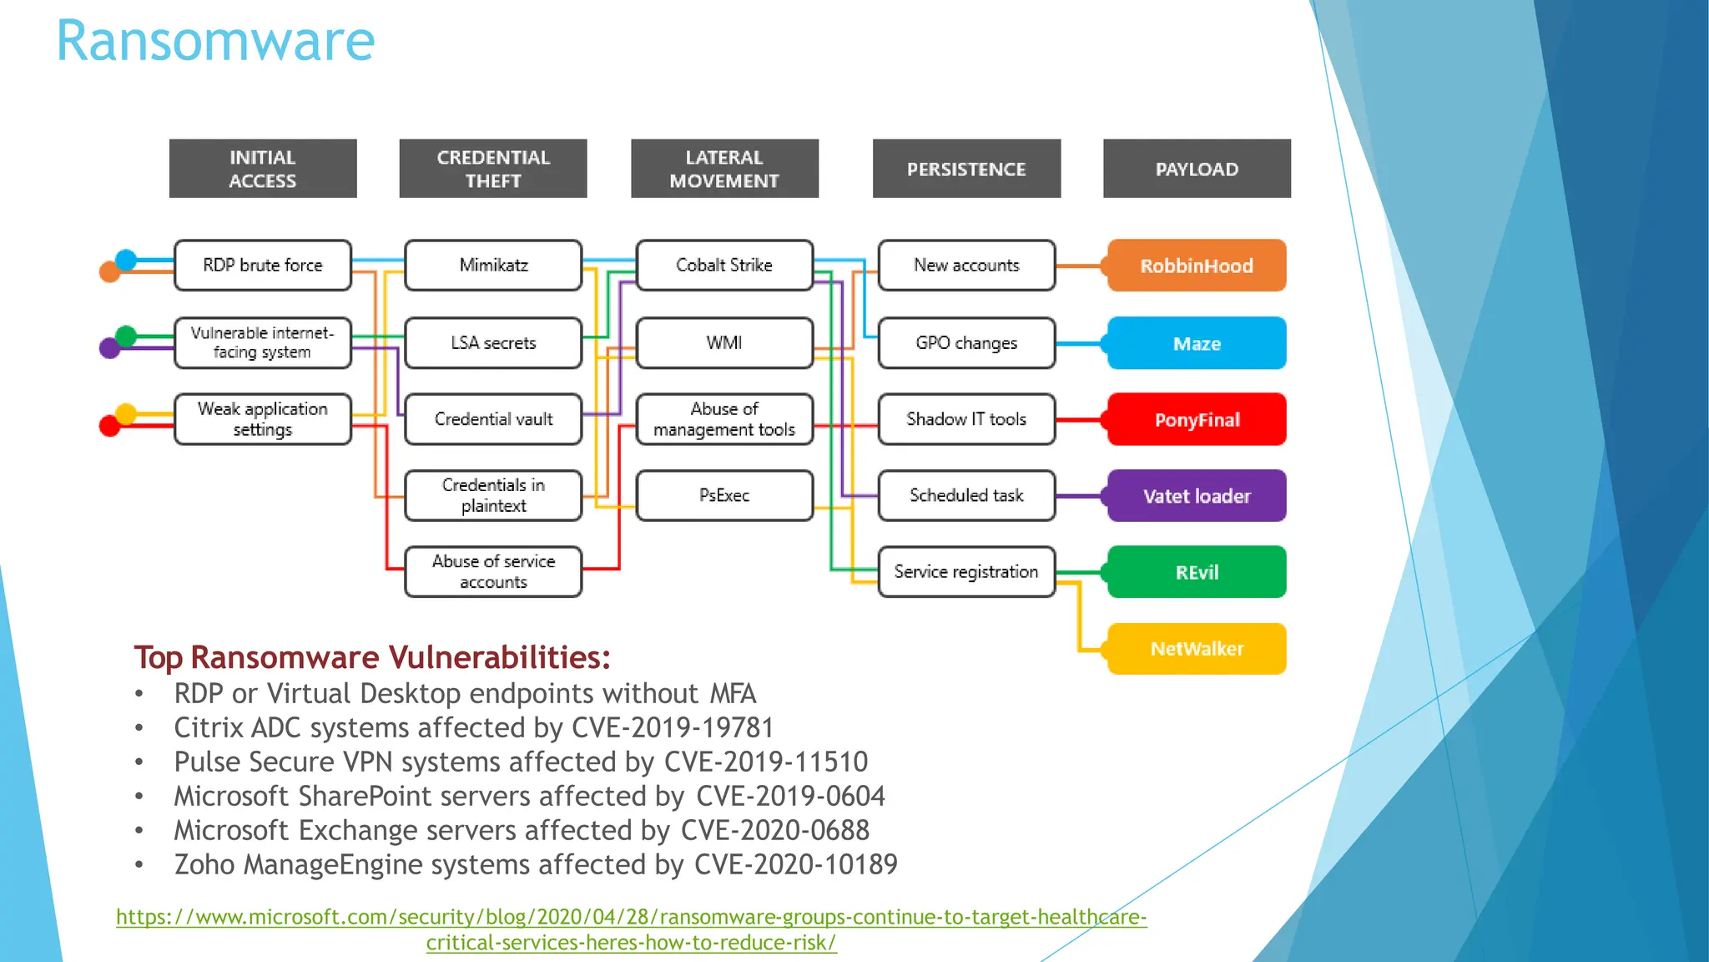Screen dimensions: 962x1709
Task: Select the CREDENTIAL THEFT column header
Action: click(493, 169)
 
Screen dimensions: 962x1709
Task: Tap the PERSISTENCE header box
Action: click(966, 169)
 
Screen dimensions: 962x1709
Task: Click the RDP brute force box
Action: click(263, 266)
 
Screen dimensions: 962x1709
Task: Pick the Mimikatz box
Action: click(493, 266)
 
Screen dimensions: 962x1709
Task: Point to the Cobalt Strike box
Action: click(724, 266)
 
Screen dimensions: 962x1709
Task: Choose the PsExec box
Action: click(724, 495)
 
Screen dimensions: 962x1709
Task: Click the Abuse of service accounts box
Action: click(493, 572)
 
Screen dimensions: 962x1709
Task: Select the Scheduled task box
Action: click(966, 495)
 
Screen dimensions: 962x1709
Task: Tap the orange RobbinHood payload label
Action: click(1197, 266)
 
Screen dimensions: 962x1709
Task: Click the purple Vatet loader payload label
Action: click(1197, 496)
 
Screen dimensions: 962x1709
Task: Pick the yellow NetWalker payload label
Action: click(1197, 649)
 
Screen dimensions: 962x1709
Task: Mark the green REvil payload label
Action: click(1197, 572)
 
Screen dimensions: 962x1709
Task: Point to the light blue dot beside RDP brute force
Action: click(126, 260)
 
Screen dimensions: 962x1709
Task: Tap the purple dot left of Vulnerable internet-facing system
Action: click(110, 347)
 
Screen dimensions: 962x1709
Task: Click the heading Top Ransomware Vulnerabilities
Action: click(372, 657)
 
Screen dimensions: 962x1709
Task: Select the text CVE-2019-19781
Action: click(673, 728)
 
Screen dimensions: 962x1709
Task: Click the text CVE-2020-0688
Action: click(774, 831)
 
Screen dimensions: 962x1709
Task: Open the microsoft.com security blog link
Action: click(631, 917)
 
